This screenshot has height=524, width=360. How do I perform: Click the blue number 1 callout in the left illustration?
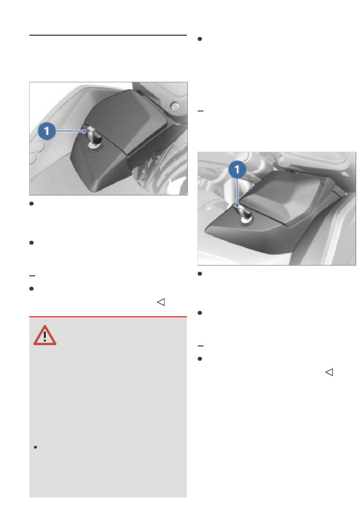coord(47,131)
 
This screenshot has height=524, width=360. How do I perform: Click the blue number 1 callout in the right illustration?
coord(237,169)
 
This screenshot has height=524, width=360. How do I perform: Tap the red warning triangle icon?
coord(45,336)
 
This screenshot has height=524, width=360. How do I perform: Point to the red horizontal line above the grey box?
coord(108,317)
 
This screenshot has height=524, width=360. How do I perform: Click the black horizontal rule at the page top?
coord(108,35)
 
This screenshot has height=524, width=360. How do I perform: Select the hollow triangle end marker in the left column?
coord(161,302)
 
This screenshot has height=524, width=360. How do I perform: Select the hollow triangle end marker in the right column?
coord(329,372)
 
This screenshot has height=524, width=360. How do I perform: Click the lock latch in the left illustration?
coord(93,138)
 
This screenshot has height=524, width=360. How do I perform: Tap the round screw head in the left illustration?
coord(175,107)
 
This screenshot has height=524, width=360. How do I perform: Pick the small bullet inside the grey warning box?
coord(36,447)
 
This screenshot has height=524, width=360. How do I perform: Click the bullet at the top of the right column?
coord(200,39)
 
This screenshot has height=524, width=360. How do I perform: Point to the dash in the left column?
coord(32,276)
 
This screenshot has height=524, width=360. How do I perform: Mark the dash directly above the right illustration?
coord(200,111)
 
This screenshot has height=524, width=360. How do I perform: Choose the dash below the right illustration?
coord(200,346)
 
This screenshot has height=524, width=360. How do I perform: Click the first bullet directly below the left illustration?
coord(31,204)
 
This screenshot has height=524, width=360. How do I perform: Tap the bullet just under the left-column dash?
coord(31,289)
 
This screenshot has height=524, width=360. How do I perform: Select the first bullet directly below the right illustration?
coord(200,274)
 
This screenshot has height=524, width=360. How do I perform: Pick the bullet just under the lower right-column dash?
coord(200,359)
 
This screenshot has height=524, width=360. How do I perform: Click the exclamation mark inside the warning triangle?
coord(45,336)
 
